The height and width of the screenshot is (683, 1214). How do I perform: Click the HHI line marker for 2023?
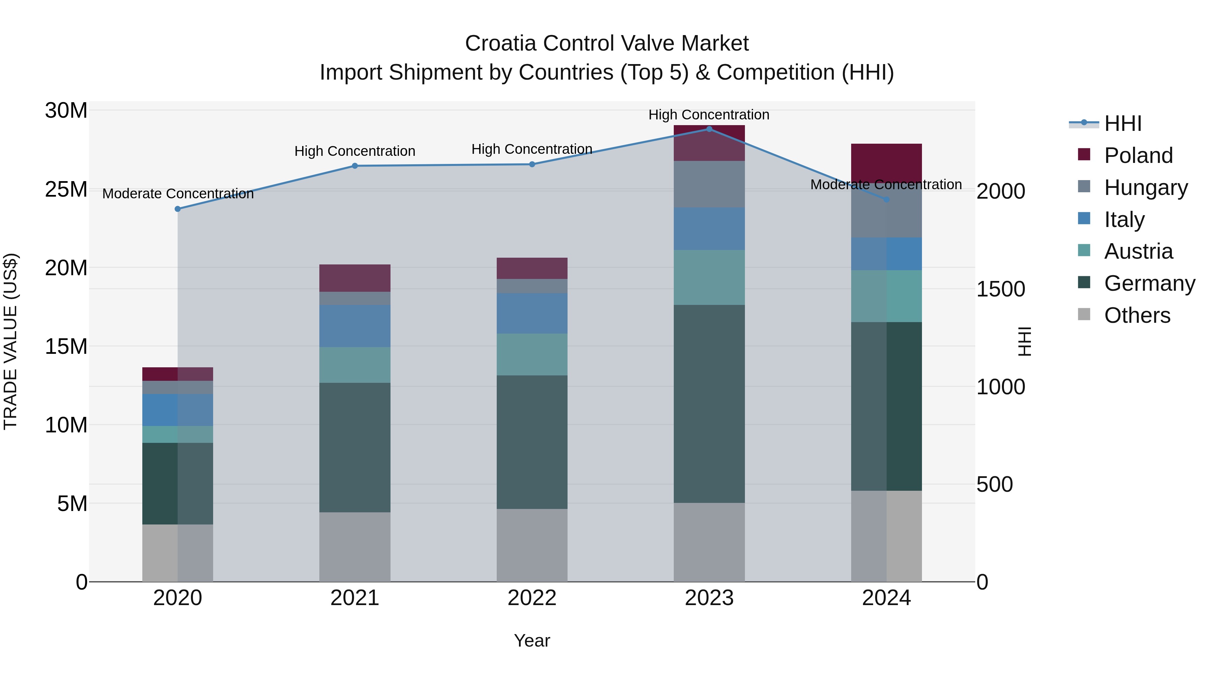click(x=709, y=129)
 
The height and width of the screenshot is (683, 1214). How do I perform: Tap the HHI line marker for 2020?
click(x=178, y=209)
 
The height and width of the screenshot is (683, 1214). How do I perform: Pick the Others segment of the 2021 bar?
click(x=354, y=547)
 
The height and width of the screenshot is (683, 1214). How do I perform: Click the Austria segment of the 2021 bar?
click(x=354, y=365)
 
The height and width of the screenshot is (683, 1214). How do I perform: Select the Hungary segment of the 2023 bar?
click(x=709, y=184)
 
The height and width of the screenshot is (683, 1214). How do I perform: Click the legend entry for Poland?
click(x=1138, y=155)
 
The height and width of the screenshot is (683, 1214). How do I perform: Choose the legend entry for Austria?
click(x=1138, y=251)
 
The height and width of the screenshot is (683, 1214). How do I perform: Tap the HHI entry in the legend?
click(x=1122, y=123)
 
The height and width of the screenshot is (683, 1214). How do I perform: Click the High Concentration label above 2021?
click(x=354, y=151)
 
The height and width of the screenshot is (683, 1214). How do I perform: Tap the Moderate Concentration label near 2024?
click(x=886, y=185)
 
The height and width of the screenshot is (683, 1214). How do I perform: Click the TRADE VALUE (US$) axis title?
click(x=10, y=341)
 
